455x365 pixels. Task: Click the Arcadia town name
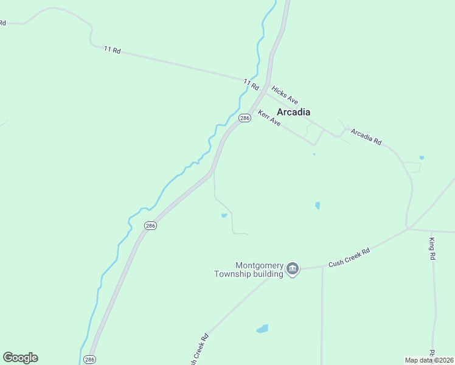coord(293,112)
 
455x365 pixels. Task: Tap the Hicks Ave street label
coord(284,94)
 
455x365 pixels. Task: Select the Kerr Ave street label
coord(269,118)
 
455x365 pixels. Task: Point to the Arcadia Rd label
coord(366,137)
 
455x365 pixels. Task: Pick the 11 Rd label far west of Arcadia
coord(113,50)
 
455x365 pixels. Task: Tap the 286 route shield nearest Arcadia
coord(245,119)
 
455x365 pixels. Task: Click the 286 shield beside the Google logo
coord(89,360)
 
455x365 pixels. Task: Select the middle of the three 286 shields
coord(151,226)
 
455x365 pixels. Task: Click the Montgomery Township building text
coord(249,269)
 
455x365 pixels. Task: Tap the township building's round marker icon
coord(293,269)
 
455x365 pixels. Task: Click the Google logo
coord(20,358)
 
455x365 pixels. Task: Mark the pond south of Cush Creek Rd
coord(262,328)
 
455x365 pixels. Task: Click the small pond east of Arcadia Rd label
coord(422,158)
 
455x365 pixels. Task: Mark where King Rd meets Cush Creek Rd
coord(431,231)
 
